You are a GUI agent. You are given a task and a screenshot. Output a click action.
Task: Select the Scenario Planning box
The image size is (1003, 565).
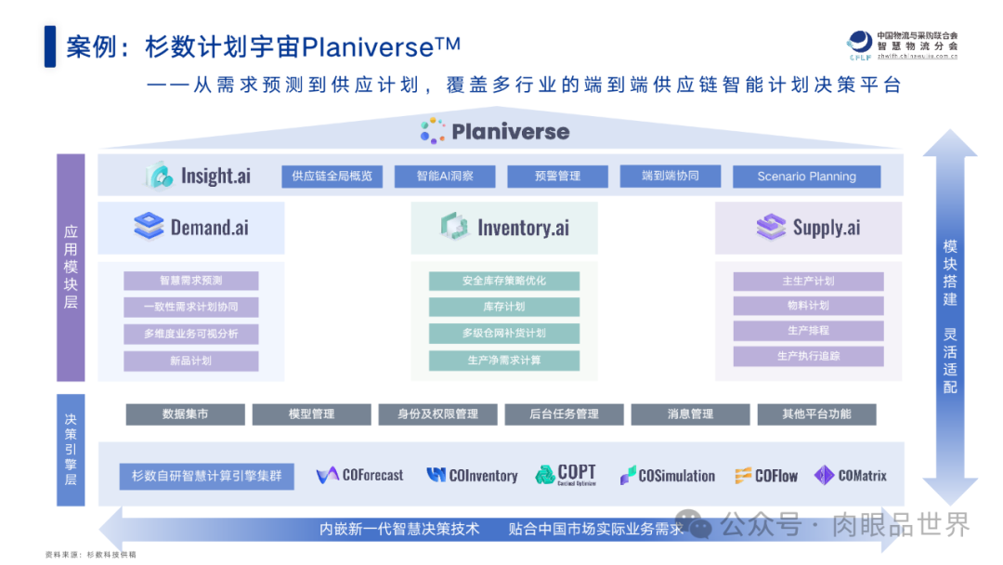pyautogui.click(x=806, y=177)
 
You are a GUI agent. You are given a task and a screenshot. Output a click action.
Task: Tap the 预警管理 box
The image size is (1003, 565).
pyautogui.click(x=557, y=177)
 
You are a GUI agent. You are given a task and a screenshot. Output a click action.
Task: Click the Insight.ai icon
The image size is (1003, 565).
pyautogui.click(x=159, y=176)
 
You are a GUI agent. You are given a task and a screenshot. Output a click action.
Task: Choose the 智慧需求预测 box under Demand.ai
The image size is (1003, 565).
pyautogui.click(x=190, y=281)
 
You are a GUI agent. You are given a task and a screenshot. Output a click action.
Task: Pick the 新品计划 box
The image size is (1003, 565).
pyautogui.click(x=190, y=361)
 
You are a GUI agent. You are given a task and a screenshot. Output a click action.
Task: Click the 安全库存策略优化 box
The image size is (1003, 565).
pyautogui.click(x=503, y=281)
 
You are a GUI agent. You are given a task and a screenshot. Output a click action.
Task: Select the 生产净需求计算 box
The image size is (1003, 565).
pyautogui.click(x=503, y=361)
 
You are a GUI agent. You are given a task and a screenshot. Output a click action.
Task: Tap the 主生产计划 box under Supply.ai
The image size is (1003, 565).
pyautogui.click(x=808, y=281)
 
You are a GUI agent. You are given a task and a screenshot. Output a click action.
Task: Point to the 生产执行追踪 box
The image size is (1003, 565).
pyautogui.click(x=808, y=356)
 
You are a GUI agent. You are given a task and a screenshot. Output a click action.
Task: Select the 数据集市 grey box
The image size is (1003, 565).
pyautogui.click(x=185, y=414)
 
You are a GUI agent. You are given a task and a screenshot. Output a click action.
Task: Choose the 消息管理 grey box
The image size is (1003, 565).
pyautogui.click(x=690, y=414)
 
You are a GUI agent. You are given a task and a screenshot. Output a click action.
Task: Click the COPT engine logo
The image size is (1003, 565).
pyautogui.click(x=566, y=475)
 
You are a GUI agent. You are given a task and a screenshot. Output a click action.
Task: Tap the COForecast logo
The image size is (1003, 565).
pyautogui.click(x=360, y=476)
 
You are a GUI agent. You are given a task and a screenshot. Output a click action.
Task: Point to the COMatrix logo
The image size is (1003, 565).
pyautogui.click(x=850, y=476)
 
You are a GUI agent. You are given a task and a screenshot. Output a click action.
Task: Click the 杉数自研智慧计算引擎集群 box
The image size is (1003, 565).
pyautogui.click(x=206, y=477)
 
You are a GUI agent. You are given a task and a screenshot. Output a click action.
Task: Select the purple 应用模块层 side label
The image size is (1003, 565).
pyautogui.click(x=71, y=268)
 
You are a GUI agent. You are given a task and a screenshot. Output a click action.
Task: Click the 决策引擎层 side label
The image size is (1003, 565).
pyautogui.click(x=71, y=450)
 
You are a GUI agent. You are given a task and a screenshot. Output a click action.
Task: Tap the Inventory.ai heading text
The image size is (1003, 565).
pyautogui.click(x=523, y=228)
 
